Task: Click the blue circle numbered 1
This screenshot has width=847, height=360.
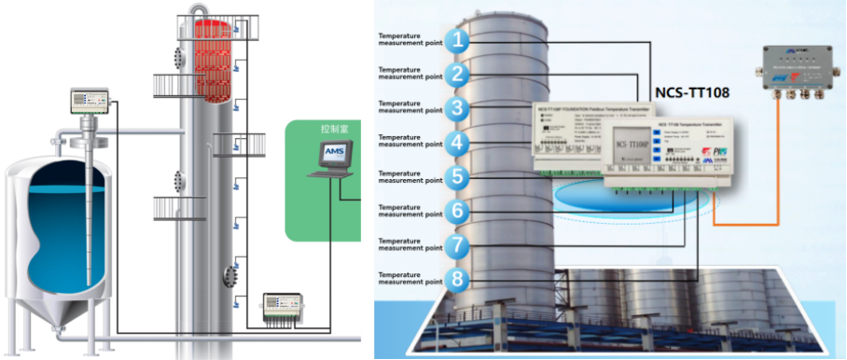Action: [x=455, y=40]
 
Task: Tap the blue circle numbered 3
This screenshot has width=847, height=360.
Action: [x=455, y=108]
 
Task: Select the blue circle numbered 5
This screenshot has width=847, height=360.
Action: [x=455, y=176]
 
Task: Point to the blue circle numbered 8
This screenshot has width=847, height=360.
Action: [x=455, y=278]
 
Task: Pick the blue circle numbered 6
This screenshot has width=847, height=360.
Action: [x=455, y=211]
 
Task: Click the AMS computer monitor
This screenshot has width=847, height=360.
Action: [x=334, y=152]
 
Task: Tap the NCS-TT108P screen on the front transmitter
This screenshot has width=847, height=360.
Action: [x=638, y=147]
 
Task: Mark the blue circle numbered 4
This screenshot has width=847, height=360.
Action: [x=455, y=143]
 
